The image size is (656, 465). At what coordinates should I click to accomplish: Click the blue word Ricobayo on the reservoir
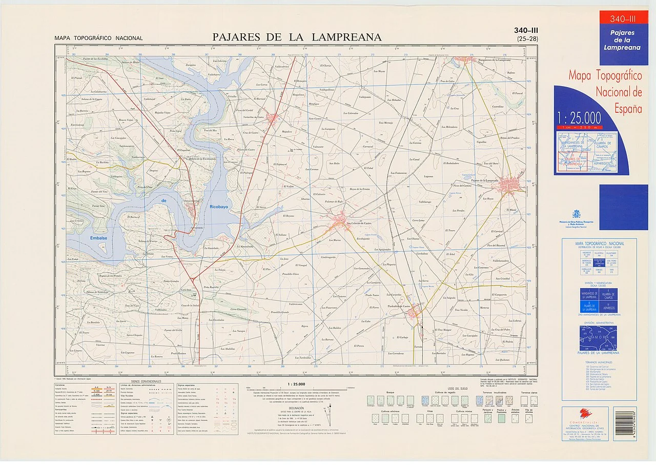(220, 207)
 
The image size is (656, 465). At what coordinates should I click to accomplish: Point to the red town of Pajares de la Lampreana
(512, 183)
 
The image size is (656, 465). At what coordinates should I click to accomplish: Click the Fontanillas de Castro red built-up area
(272, 119)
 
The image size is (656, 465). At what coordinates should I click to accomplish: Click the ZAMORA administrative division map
(598, 338)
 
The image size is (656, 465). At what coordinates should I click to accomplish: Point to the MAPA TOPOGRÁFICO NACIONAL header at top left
(99, 38)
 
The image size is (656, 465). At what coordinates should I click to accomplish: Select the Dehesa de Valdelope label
(97, 292)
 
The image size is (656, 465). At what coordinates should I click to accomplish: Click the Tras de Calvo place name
(447, 82)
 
